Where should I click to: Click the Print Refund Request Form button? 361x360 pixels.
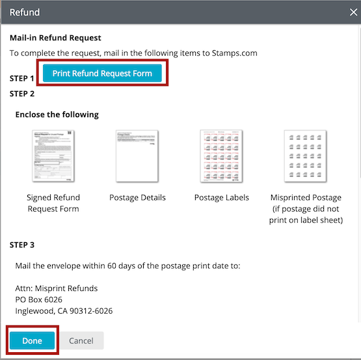102,74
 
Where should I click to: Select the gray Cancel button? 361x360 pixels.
81,340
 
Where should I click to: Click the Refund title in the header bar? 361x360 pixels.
25,12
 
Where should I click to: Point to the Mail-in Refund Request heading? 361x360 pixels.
55,38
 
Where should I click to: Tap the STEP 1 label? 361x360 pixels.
22,78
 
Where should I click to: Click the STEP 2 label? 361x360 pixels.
22,94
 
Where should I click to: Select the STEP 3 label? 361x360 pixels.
22,245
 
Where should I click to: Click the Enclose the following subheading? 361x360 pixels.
57,115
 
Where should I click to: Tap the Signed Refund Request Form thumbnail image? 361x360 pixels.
53,156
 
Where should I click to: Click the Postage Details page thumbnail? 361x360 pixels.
137,156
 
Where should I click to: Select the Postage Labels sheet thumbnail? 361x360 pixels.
221,156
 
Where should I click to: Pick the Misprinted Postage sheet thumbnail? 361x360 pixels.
305,156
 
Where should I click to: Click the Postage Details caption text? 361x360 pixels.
137,197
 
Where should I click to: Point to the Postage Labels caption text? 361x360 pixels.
221,197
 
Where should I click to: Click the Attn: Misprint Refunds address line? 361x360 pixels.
57,288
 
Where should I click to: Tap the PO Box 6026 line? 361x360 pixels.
38,299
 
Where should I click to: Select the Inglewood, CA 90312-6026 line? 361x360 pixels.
64,311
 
